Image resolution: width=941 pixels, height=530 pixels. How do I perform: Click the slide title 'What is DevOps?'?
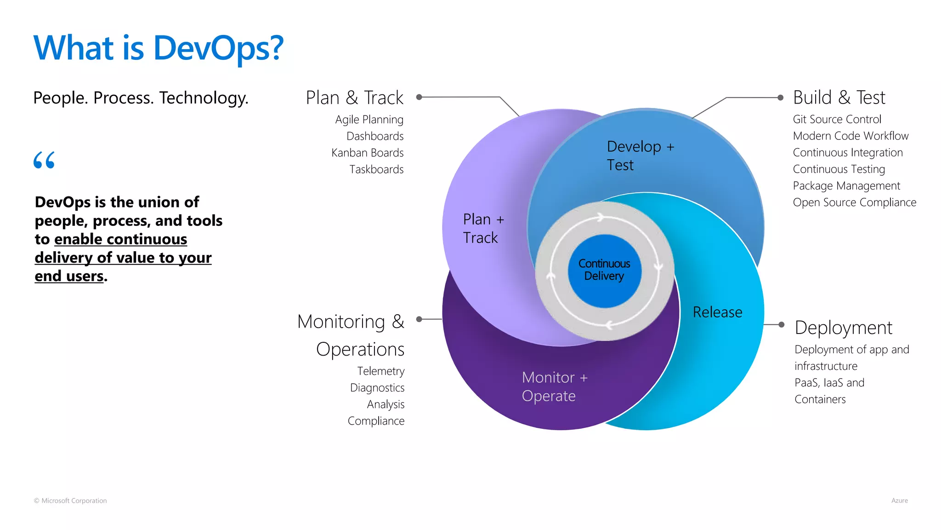(159, 48)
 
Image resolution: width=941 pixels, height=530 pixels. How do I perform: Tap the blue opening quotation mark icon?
(44, 160)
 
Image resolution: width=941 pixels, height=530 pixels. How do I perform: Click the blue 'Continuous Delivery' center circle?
(604, 271)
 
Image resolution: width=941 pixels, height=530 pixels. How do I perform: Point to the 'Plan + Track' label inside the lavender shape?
(483, 228)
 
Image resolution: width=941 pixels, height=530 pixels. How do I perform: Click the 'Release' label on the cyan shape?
(717, 312)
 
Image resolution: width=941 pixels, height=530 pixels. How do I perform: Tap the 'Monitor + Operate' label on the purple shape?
(554, 386)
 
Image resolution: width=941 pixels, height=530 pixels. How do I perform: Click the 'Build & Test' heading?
(839, 98)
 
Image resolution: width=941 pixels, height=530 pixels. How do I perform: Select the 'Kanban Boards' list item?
(367, 153)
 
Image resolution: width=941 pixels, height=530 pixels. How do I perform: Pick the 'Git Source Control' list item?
(837, 119)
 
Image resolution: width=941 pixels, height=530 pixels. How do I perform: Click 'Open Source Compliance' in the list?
(854, 202)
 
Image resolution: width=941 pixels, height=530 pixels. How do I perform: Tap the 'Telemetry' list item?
(380, 371)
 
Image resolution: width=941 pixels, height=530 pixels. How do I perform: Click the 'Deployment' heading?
(843, 328)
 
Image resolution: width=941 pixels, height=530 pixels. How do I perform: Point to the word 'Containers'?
(820, 399)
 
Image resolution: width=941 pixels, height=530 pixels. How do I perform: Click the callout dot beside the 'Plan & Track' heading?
(419, 97)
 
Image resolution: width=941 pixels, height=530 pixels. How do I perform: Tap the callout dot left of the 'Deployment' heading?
(781, 324)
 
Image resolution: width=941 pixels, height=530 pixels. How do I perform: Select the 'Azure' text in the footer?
(899, 501)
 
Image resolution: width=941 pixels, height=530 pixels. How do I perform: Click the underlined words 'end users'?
(69, 276)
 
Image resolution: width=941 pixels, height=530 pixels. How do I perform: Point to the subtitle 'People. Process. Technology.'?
(141, 98)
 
